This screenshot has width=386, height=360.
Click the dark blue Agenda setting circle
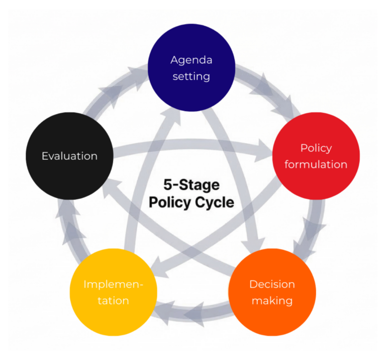pos(191,67)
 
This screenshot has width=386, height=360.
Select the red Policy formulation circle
pos(316,156)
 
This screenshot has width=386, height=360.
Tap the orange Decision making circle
pos(272,292)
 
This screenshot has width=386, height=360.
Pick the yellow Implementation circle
pos(114,292)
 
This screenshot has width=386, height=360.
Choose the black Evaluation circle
pos(70,156)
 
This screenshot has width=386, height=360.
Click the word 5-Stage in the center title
pos(191,185)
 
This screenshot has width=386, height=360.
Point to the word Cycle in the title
pos(215,203)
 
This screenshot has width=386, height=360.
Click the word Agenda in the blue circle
pos(191,60)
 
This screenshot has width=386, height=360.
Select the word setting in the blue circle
pos(191,76)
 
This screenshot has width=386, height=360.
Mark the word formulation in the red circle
pos(316,164)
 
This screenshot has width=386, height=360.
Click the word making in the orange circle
pos(272,301)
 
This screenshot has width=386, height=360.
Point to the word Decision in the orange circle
pos(272,284)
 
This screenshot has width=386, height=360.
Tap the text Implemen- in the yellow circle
pos(114,285)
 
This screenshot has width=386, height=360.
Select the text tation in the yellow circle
pos(114,301)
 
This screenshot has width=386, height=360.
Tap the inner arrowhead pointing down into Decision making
pos(254,245)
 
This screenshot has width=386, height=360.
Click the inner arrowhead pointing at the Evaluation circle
pos(111,188)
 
